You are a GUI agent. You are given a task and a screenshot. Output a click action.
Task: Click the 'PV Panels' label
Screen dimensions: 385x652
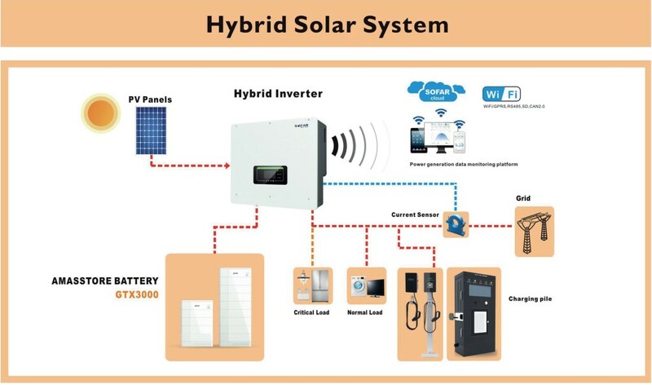point(150,100)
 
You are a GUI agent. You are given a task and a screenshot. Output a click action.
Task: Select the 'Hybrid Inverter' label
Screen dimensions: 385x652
point(278,94)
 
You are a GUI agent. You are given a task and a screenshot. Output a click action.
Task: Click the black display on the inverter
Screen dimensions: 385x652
point(271,175)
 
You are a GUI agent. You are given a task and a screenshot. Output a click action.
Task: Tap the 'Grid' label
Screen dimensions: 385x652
point(524,198)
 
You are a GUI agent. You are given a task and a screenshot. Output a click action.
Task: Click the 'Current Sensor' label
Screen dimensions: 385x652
point(415,215)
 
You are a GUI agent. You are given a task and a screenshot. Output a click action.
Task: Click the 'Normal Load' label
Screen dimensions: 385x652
point(364,312)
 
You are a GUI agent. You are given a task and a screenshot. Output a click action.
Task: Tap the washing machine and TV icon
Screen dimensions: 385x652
point(365,285)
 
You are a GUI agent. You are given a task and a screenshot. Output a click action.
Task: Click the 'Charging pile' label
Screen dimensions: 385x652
point(530,299)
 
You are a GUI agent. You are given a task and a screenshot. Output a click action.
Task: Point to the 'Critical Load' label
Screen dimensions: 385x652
point(311,312)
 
